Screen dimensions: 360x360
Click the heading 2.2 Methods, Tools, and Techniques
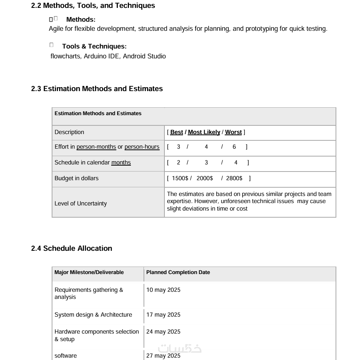click(93, 6)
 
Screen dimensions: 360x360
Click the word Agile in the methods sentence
click(56, 29)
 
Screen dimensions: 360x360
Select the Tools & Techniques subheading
click(94, 47)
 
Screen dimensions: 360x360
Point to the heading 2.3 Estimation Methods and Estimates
click(97, 89)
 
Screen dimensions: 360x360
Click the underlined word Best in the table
click(177, 132)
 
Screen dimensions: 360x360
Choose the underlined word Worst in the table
click(233, 132)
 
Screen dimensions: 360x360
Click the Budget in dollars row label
click(76, 178)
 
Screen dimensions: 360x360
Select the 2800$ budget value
click(234, 178)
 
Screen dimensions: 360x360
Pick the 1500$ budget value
click(180, 178)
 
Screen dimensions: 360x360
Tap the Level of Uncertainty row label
click(80, 203)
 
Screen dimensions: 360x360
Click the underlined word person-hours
click(142, 147)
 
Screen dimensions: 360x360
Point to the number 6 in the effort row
click(234, 147)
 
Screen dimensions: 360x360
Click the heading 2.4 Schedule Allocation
click(72, 248)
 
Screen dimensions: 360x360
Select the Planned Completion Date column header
click(178, 272)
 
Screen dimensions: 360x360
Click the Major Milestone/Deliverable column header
click(89, 272)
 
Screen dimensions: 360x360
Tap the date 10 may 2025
click(163, 290)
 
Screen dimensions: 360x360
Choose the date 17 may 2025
click(163, 315)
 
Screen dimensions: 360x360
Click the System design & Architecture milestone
click(93, 315)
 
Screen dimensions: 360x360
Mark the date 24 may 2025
click(163, 332)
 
